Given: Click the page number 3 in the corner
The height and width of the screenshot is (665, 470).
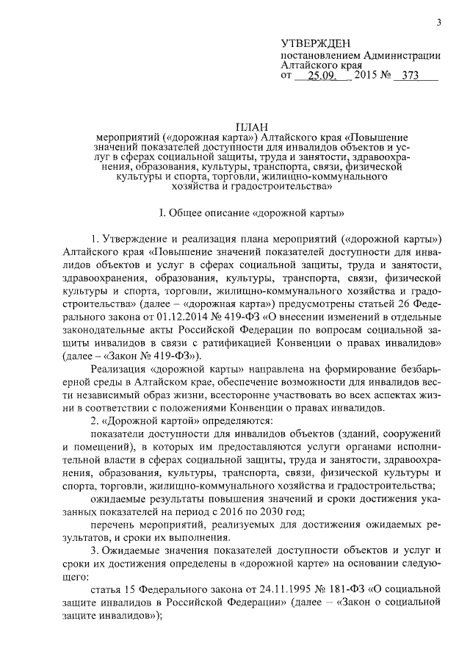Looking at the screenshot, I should tap(438, 23).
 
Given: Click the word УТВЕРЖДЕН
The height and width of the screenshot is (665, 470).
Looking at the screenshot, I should tap(317, 44).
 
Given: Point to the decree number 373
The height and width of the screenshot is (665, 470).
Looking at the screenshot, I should tap(405, 76).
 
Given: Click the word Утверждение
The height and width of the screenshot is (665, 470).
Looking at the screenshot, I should tap(137, 240).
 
